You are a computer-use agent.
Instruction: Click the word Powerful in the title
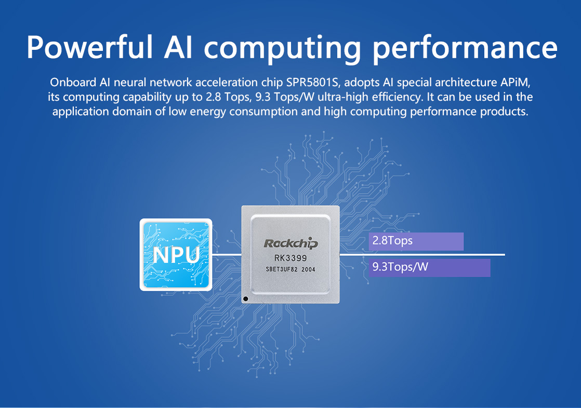click(90, 47)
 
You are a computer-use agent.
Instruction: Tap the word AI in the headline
click(178, 47)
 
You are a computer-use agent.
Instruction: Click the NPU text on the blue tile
click(176, 255)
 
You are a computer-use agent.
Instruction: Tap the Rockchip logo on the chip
click(290, 243)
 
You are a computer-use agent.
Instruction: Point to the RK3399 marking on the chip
click(290, 258)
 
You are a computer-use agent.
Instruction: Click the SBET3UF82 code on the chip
click(282, 269)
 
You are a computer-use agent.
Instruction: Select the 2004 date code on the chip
click(308, 269)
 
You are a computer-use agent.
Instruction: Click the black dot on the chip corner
click(245, 299)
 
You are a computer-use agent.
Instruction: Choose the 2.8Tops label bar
click(416, 241)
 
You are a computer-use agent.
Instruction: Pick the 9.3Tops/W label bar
click(429, 268)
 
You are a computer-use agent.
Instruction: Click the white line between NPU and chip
click(227, 255)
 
